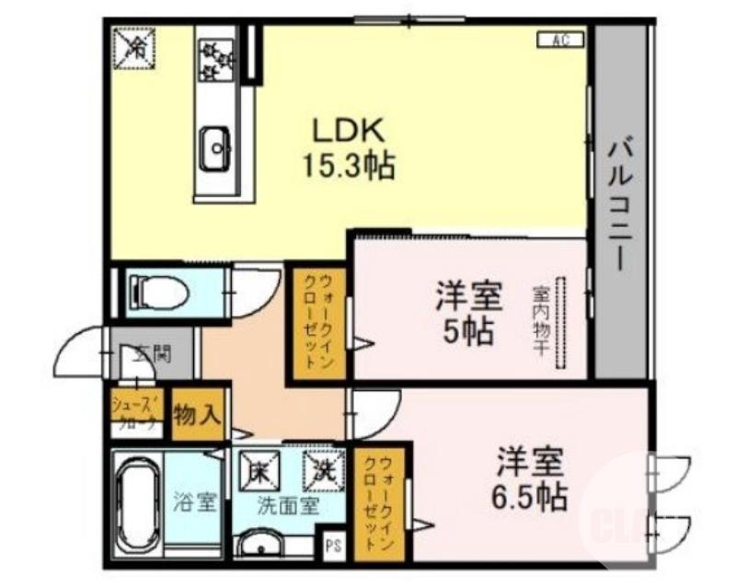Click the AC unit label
558,39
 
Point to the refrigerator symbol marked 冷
135,46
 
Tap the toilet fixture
160,293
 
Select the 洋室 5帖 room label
468,313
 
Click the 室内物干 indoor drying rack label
541,322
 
